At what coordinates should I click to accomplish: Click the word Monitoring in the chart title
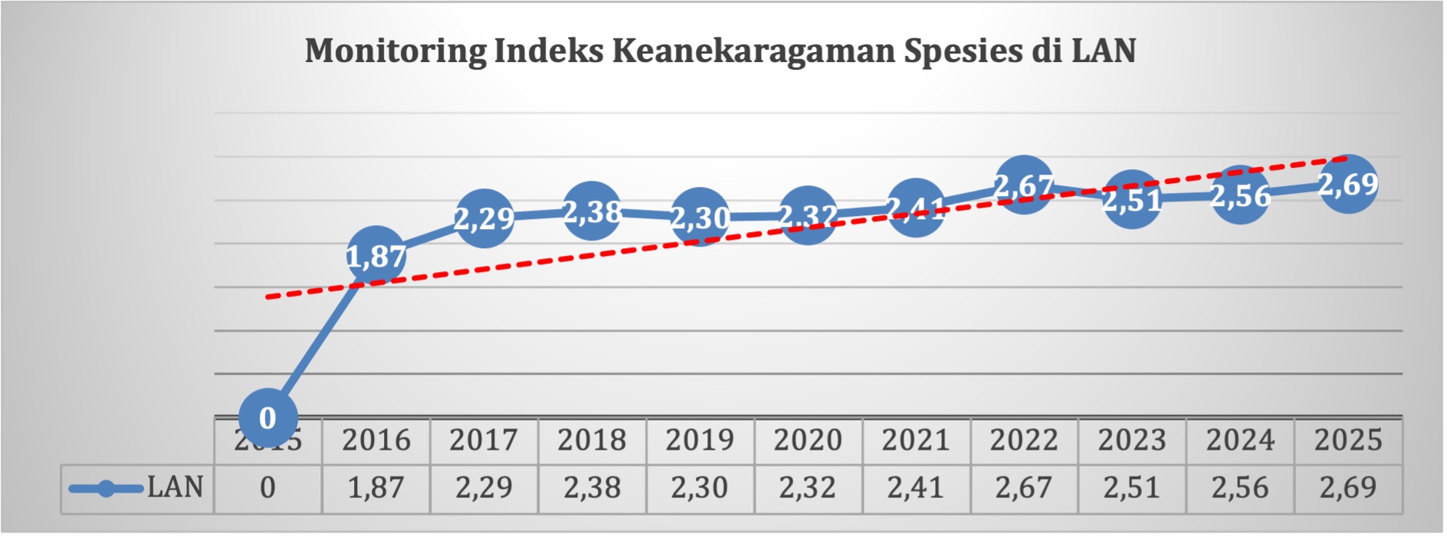tap(395, 51)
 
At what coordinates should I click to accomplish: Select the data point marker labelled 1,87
tap(376, 256)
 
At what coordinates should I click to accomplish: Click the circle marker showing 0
tap(267, 418)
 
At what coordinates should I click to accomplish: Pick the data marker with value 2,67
tap(1024, 185)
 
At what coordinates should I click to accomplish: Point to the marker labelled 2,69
tap(1348, 184)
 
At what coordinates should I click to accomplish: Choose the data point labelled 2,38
tap(592, 211)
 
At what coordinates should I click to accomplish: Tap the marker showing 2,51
tap(1132, 199)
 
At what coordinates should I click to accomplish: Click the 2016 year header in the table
tap(376, 440)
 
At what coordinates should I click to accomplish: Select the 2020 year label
tap(808, 440)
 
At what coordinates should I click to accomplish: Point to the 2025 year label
tap(1348, 440)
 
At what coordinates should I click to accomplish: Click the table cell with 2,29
tap(484, 488)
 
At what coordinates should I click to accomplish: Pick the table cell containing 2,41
tap(916, 488)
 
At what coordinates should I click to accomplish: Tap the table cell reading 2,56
tap(1240, 488)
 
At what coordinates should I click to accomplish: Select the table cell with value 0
tap(267, 488)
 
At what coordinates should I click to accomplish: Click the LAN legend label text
tap(176, 488)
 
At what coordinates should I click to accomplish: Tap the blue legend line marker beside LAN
tap(106, 489)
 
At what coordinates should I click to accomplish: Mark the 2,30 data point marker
tap(700, 217)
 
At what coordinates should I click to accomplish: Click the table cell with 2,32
tap(808, 488)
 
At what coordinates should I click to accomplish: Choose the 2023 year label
tap(1132, 440)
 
